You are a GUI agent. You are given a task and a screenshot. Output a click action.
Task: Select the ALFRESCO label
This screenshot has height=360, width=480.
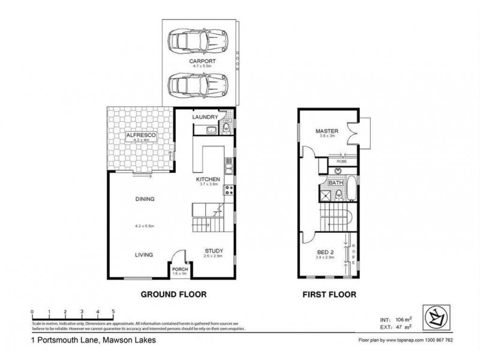pos(141,137)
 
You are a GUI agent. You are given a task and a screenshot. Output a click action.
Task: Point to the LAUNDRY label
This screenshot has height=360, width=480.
pos(205,118)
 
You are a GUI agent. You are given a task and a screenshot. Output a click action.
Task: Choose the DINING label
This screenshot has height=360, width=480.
pos(145,199)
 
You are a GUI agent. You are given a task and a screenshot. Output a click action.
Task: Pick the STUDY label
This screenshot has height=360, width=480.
pos(214,252)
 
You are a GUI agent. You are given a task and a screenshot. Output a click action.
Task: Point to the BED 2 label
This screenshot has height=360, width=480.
pos(325,253)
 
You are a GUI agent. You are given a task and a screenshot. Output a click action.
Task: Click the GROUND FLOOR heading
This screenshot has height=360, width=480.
pos(173,295)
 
